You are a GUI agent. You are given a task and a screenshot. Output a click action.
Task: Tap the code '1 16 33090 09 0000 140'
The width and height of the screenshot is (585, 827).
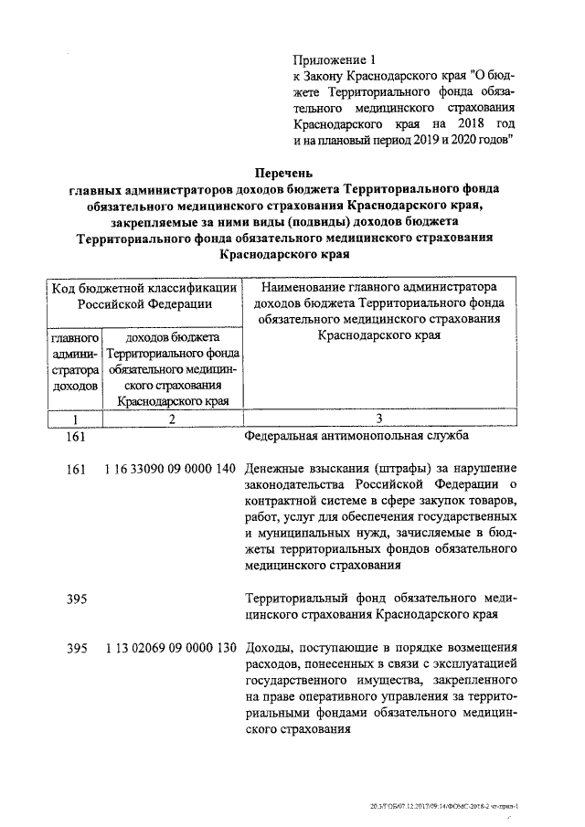click(170, 469)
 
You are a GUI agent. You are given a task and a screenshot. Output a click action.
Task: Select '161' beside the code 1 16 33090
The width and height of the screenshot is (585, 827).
click(77, 469)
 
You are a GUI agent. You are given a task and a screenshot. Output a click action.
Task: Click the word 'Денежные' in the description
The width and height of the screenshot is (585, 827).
click(276, 469)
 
